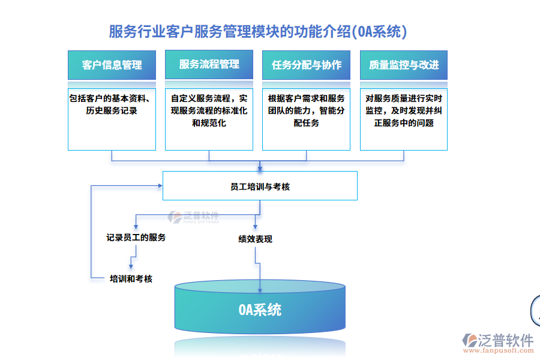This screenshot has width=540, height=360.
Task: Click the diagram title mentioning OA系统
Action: tap(257, 31)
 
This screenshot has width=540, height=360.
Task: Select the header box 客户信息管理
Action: tap(112, 65)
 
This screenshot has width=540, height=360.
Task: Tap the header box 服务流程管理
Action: tap(209, 65)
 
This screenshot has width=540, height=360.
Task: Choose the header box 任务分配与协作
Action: tap(306, 65)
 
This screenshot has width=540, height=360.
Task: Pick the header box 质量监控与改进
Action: tap(403, 65)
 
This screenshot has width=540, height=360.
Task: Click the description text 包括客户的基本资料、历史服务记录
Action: tap(112, 104)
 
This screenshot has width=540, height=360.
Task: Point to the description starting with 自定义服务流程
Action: tap(209, 110)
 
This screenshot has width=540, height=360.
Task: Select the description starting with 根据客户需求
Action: tap(306, 110)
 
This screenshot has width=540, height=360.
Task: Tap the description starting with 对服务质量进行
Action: tap(403, 110)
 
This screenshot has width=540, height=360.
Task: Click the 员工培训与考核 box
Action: tap(260, 186)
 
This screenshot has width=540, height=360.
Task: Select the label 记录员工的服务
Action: tap(136, 238)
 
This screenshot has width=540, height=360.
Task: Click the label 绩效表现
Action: tap(255, 239)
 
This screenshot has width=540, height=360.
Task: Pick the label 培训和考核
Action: tap(131, 278)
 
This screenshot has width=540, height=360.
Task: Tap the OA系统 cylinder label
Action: tap(259, 310)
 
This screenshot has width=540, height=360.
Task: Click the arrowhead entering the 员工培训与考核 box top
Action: tap(260, 168)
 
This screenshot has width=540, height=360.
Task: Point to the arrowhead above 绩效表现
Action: tap(255, 227)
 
